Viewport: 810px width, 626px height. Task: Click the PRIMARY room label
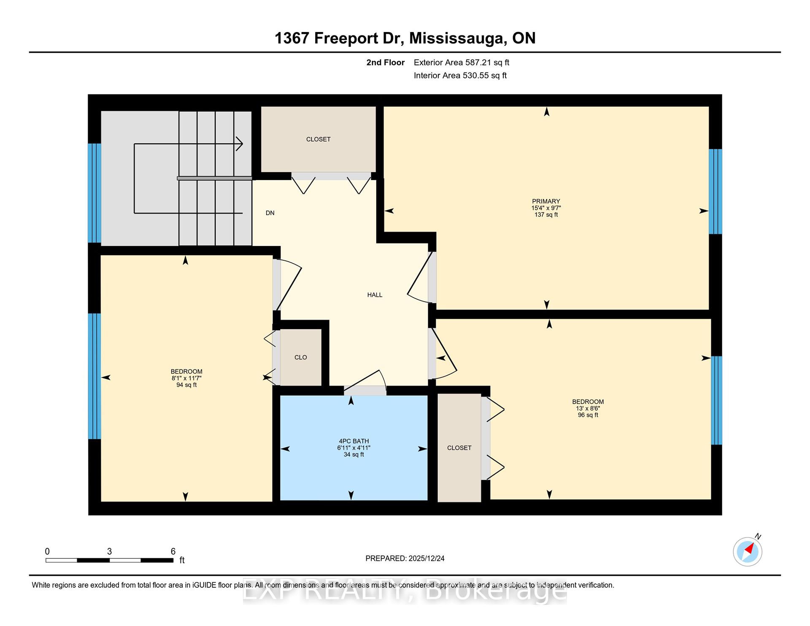pos(546,201)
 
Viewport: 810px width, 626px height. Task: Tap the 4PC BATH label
pos(354,441)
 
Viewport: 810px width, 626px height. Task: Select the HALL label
pos(375,295)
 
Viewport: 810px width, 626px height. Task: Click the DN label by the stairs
pos(270,213)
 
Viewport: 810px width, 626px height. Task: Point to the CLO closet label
pos(300,357)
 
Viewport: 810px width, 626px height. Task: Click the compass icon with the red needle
pos(748,551)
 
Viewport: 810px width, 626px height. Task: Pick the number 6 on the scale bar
pos(173,551)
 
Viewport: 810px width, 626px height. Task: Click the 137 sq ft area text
pos(546,215)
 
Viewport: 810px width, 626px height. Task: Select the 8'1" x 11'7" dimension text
pos(186,378)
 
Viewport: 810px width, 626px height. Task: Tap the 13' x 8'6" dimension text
pos(588,408)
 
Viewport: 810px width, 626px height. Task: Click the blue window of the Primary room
pos(715,192)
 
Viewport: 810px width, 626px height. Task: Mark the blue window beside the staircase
pos(94,193)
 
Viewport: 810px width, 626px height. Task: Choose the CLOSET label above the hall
pos(318,139)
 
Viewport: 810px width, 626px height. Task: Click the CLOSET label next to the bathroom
pos(459,448)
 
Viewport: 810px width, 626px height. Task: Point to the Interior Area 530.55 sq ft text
pos(460,76)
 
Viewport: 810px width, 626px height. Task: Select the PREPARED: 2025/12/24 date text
pos(405,558)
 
